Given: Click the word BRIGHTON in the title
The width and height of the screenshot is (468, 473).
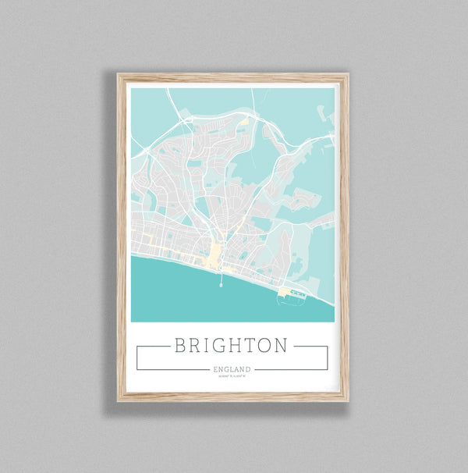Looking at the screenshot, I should coord(232,345).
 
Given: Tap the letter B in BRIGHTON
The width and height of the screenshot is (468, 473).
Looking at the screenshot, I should coord(181,345).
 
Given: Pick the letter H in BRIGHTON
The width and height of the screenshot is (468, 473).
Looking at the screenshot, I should coord(229,345).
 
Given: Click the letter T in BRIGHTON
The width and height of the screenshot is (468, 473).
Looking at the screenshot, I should coord(246,345).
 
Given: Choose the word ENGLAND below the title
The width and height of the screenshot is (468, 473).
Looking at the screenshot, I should coord(232,369).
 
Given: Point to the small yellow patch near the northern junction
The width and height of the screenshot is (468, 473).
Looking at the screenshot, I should coord(244,121).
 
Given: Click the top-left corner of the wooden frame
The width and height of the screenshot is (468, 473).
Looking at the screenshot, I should coord(119,75).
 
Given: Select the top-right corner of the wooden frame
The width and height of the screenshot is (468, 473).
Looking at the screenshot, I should coord(347,75).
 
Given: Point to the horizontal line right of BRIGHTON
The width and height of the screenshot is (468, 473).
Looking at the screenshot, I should coord(310,346).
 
